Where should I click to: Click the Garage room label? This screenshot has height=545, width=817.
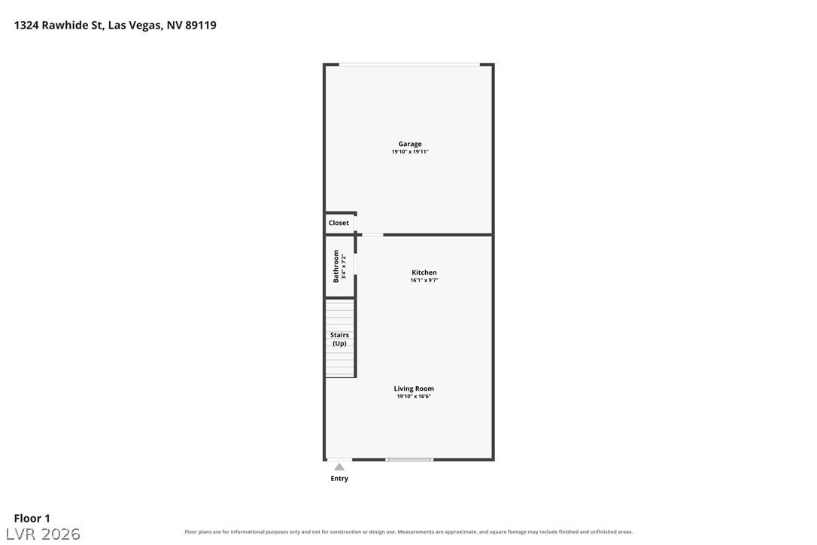tap(410, 144)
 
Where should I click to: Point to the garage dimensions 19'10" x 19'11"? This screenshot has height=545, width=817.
tap(410, 152)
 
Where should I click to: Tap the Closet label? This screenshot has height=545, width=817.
tap(339, 223)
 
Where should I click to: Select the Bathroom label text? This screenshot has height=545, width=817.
tap(336, 266)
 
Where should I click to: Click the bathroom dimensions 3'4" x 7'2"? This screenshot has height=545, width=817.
tap(344, 266)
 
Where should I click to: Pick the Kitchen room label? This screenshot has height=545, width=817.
tap(424, 272)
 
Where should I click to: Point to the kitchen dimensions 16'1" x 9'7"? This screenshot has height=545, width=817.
tap(424, 280)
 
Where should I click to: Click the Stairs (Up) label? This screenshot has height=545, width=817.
tap(340, 339)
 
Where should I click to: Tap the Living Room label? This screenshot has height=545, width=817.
tap(414, 388)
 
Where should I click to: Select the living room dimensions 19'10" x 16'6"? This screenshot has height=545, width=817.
tap(414, 397)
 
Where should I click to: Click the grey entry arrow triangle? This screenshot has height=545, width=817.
tap(339, 467)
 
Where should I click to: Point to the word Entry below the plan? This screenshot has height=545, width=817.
tap(339, 478)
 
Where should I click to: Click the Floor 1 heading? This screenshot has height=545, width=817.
tap(32, 519)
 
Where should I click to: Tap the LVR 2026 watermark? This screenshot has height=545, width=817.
tap(43, 534)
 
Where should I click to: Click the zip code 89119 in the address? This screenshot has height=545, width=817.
tap(201, 25)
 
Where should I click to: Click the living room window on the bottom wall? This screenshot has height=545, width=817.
tap(409, 459)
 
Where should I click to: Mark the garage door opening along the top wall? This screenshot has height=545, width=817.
tap(409, 65)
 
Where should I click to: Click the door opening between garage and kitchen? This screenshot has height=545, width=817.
tap(372, 235)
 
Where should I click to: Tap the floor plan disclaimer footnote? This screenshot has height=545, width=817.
tap(408, 532)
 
